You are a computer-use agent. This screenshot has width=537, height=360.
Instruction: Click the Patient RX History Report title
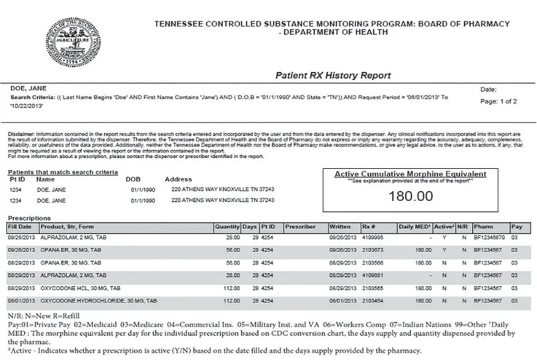click(x=333, y=75)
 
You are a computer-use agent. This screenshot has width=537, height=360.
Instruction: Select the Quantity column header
click(x=227, y=227)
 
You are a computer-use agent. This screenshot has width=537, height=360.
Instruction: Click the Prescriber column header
click(x=301, y=227)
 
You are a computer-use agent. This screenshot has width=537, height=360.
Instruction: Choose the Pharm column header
click(x=482, y=227)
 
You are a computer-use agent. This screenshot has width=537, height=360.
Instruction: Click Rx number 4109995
click(x=373, y=238)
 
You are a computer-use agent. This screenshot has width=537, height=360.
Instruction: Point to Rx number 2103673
click(x=373, y=249)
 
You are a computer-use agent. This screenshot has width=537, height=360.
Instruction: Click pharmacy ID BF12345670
click(x=488, y=238)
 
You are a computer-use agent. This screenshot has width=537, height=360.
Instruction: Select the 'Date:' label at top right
click(x=489, y=89)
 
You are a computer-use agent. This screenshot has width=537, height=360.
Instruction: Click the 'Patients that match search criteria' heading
click(x=63, y=172)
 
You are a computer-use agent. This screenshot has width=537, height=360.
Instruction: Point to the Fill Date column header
click(x=20, y=227)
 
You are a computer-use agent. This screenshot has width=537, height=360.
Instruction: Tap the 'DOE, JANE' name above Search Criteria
click(x=27, y=88)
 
